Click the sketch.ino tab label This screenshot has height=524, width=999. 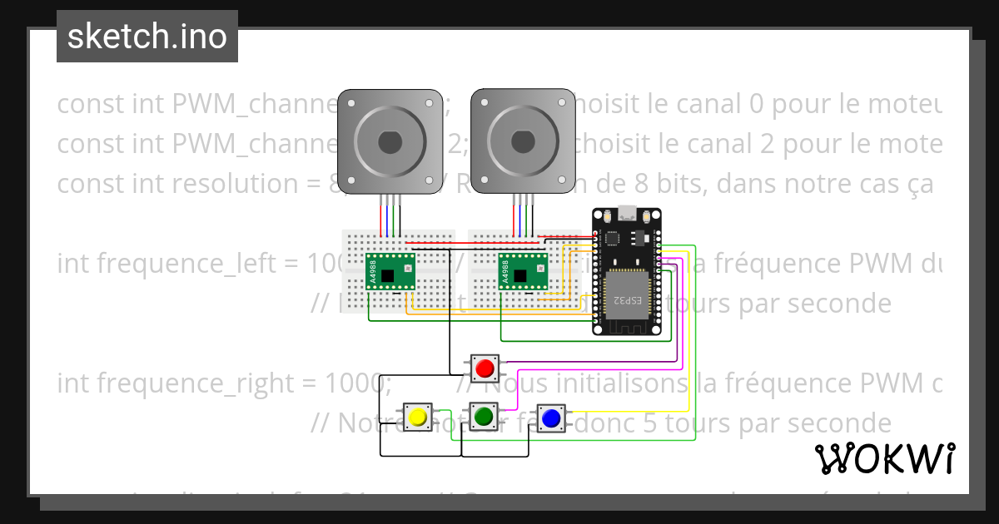coord(147,37)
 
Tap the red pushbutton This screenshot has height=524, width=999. coord(484,367)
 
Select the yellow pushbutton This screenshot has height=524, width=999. coord(417,416)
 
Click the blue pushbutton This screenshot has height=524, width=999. coord(549,418)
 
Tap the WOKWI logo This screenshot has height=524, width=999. coord(884,458)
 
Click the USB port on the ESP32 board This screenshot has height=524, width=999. coord(626,210)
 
